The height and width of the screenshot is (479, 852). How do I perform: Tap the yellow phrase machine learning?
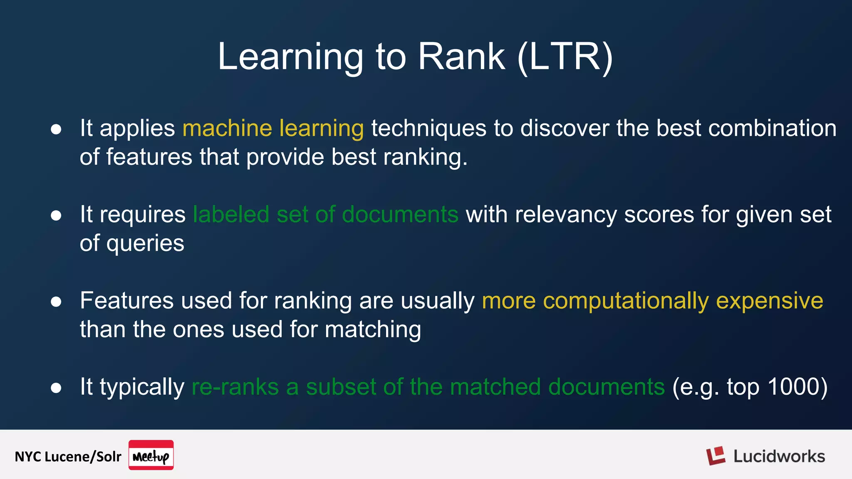(273, 128)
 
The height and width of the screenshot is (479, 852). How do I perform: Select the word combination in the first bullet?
(772, 128)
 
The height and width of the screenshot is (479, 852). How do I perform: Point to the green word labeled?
(231, 215)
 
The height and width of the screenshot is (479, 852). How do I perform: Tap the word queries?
(145, 244)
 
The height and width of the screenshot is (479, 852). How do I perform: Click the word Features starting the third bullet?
(126, 301)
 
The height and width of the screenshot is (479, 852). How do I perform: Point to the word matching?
(373, 330)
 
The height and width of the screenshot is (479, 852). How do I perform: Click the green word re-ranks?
(235, 387)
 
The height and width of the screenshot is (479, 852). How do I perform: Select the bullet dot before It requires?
(56, 215)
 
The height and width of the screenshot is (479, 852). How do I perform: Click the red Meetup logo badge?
(151, 455)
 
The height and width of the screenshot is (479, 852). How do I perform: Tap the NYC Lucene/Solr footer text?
(68, 457)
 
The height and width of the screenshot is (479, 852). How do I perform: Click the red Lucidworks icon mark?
(716, 456)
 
